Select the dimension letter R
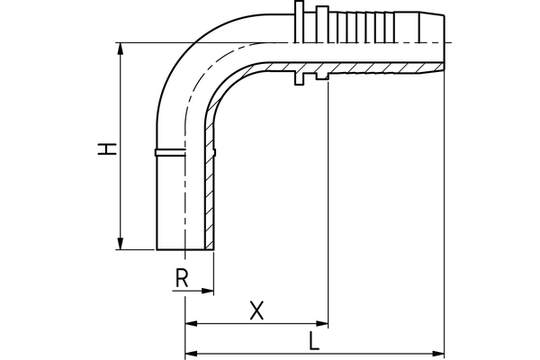coord(181,279)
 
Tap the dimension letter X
coord(256,310)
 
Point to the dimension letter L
coord(312,342)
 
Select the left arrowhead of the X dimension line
coord(190,324)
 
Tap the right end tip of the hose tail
coord(445,41)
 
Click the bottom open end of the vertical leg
coord(184,249)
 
